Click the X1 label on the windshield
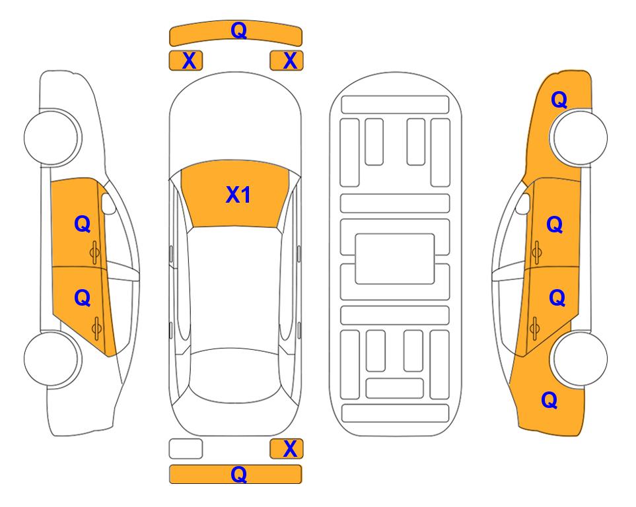tap(238, 195)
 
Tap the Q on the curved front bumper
tap(238, 30)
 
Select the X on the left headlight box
tap(189, 61)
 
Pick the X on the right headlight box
tap(290, 61)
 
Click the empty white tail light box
tap(186, 449)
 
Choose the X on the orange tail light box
tap(290, 449)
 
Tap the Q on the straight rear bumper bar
tap(238, 474)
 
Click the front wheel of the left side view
tap(52, 137)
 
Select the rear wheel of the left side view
tap(52, 358)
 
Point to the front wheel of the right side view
tap(579, 137)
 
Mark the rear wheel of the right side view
tap(580, 358)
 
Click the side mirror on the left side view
tap(108, 203)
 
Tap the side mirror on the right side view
tap(523, 203)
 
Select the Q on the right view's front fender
tap(559, 100)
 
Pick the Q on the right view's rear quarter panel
tap(549, 400)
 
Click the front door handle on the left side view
tap(94, 252)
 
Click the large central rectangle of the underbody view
tap(395, 259)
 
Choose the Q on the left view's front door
tap(83, 224)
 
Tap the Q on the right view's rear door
tap(557, 298)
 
